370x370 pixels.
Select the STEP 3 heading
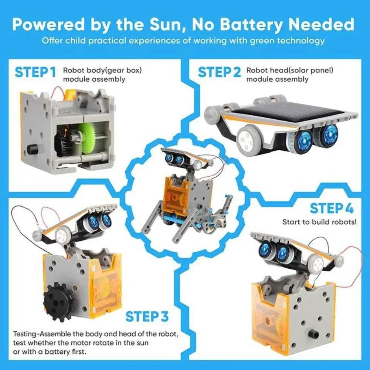[x=147, y=317]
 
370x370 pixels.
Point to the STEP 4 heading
[x=331, y=208]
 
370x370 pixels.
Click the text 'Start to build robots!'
[x=320, y=222]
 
